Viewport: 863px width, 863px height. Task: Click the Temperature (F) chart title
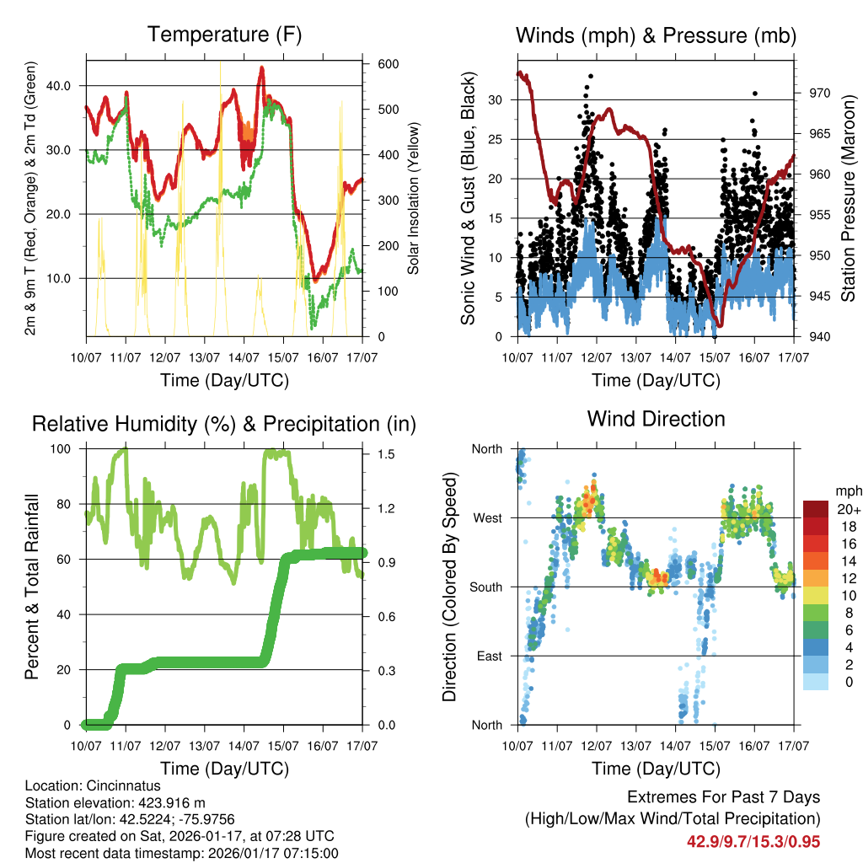coord(224,35)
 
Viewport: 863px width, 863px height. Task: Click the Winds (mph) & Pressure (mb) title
coord(656,35)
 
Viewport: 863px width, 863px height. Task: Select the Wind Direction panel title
coord(656,419)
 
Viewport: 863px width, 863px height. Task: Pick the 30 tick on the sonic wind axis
coord(496,99)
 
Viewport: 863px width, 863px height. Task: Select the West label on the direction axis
coord(487,517)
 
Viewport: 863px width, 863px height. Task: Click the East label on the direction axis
coord(488,656)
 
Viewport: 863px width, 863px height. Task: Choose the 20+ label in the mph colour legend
coord(848,509)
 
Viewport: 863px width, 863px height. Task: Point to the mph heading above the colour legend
coord(846,490)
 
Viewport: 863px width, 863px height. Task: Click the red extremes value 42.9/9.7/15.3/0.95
coord(753,841)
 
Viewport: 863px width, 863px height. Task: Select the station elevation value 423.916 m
coord(163,802)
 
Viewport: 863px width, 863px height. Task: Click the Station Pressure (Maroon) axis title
coord(849,197)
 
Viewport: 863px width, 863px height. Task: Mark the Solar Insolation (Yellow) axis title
coord(414,197)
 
